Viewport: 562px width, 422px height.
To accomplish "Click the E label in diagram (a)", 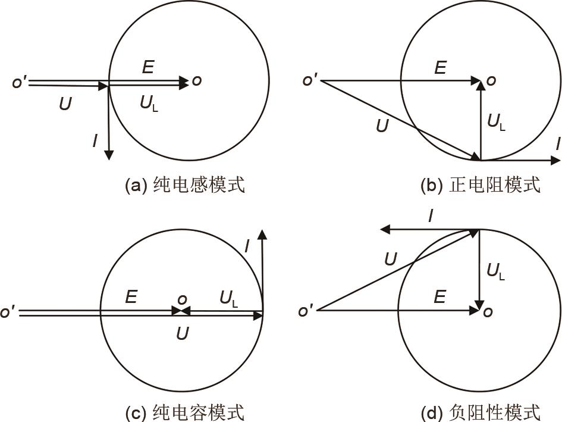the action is pos(148,67).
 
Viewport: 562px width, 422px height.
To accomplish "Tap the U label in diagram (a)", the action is pos(65,104).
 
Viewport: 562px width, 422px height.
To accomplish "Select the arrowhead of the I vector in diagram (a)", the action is pos(109,155).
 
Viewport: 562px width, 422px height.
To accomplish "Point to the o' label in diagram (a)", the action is pos(20,82).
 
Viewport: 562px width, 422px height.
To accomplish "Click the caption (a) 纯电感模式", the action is pos(185,185).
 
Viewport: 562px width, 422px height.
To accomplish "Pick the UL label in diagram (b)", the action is pos(497,122).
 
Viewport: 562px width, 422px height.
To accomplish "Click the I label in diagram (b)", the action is pos(558,144).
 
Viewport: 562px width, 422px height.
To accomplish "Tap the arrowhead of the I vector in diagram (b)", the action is pos(555,160).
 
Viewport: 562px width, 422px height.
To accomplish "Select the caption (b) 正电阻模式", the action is pos(481,185).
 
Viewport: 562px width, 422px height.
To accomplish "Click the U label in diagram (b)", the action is pos(382,126).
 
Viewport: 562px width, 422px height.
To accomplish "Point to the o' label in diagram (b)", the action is pos(310,80).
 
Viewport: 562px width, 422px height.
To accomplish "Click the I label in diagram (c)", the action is pos(247,247).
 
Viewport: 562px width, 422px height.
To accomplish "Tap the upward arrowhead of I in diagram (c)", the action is pos(263,234).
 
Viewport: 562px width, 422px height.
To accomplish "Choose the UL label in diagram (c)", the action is pos(229,299).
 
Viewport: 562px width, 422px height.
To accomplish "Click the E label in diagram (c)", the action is pos(131,297).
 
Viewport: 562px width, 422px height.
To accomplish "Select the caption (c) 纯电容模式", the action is pos(185,412).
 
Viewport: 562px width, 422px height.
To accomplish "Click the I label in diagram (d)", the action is pos(431,216).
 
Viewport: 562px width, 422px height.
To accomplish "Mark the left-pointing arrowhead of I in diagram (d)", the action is pos(385,229).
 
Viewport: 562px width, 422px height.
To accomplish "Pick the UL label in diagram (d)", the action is pos(496,271).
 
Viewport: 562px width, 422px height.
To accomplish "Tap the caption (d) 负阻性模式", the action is pos(481,412).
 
